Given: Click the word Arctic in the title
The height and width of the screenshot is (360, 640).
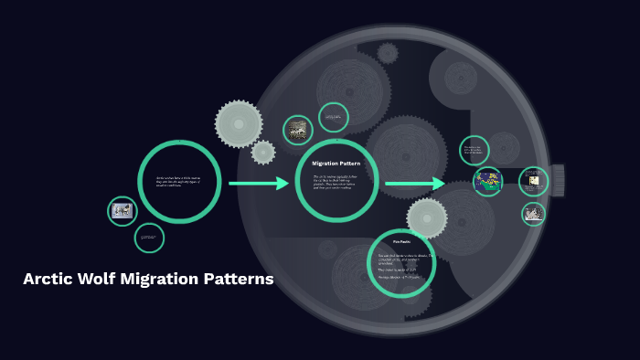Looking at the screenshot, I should click(x=51, y=280).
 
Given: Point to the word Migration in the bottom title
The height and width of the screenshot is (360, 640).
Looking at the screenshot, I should click(x=166, y=280).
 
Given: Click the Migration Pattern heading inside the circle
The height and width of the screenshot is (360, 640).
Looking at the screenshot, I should click(x=336, y=164).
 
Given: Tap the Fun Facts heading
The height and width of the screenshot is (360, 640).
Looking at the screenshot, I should click(x=400, y=241).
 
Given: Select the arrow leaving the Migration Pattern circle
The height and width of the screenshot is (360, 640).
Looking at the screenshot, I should click(x=414, y=184).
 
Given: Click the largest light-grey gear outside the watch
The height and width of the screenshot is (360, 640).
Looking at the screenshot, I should click(x=239, y=123).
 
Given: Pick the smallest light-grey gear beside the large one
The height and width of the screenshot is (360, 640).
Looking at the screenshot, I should click(x=263, y=152).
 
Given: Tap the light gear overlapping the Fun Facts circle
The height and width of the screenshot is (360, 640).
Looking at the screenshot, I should click(x=427, y=218).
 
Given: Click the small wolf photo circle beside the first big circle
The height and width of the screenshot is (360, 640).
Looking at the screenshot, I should click(x=123, y=211).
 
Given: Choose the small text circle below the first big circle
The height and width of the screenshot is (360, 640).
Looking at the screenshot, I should click(x=149, y=238).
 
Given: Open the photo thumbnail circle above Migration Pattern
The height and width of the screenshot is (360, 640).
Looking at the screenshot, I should click(x=298, y=130).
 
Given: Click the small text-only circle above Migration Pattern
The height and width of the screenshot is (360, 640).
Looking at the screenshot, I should click(x=334, y=117).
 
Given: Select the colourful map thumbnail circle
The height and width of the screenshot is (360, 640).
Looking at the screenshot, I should click(x=488, y=181).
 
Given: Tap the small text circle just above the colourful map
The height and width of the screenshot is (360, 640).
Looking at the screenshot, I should click(x=474, y=150).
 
